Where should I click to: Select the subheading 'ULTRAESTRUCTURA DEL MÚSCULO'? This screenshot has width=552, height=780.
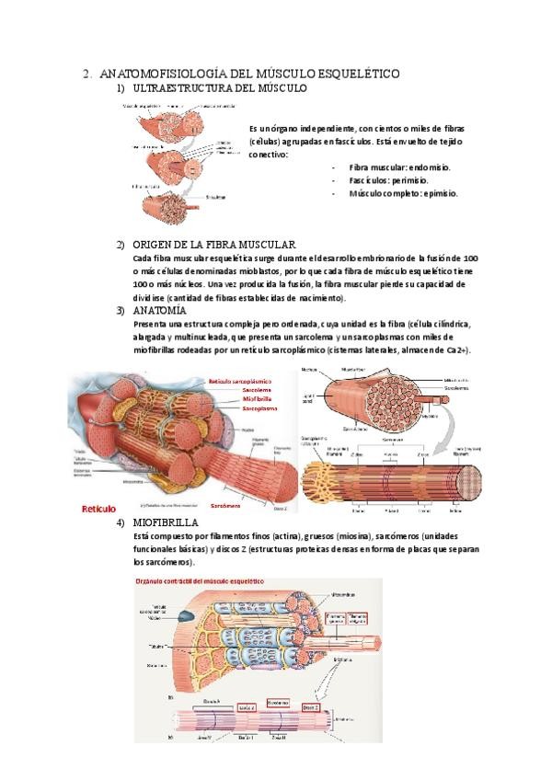220,87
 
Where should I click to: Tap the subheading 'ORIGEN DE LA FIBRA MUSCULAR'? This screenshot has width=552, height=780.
213,245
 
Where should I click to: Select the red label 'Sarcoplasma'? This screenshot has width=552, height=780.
259,410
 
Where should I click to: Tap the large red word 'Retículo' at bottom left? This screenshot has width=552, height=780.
99,508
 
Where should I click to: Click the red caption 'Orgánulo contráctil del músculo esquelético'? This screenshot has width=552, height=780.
196,582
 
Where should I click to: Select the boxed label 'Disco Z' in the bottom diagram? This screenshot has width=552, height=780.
311,707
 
